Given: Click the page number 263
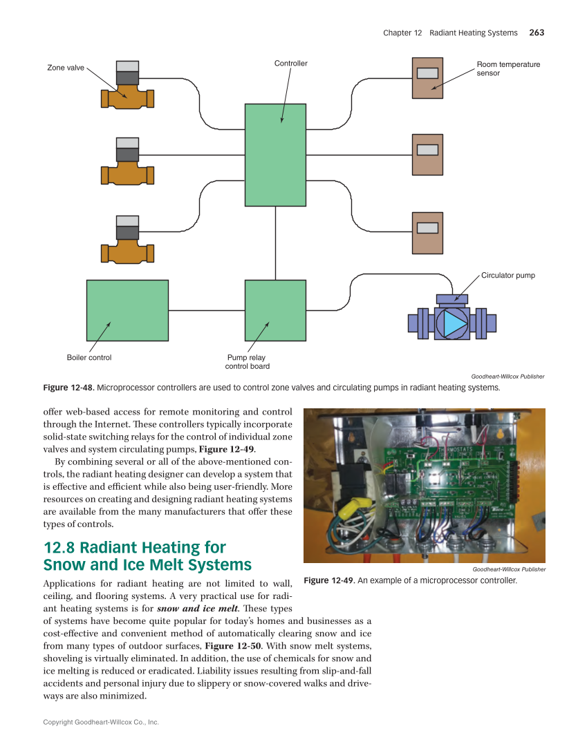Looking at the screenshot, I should pyautogui.click(x=537, y=32).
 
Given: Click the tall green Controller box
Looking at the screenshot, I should pyautogui.click(x=275, y=155).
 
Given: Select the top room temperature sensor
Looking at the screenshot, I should pyautogui.click(x=427, y=77).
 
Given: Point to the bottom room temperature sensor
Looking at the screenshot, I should pyautogui.click(x=427, y=233).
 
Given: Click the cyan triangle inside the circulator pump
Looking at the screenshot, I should pyautogui.click(x=454, y=323).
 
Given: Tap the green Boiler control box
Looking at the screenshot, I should pyautogui.click(x=127, y=310).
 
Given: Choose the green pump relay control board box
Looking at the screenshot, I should pyautogui.click(x=275, y=310).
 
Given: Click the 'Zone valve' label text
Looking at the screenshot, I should pyautogui.click(x=66, y=68).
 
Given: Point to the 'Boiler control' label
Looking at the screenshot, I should pyautogui.click(x=88, y=358).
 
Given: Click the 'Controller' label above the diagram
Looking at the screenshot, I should pyautogui.click(x=290, y=64).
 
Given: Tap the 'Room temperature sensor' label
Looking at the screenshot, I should pyautogui.click(x=508, y=68).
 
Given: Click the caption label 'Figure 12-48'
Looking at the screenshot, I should pyautogui.click(x=69, y=388).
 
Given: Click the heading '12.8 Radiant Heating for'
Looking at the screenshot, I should pyautogui.click(x=135, y=548).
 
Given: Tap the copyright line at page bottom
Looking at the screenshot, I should pyautogui.click(x=101, y=722).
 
